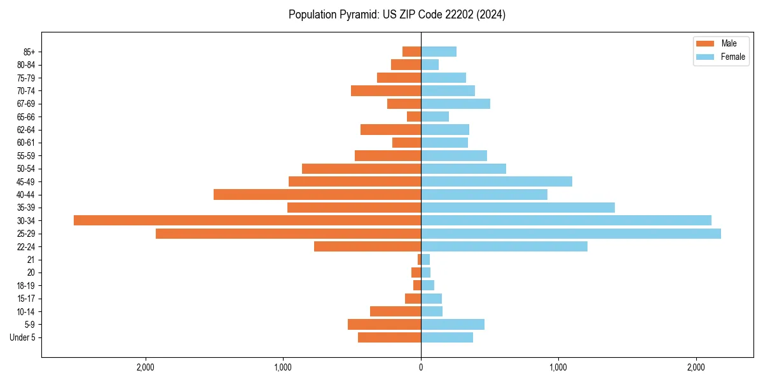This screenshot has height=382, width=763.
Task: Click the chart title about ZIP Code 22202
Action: pyautogui.click(x=397, y=15)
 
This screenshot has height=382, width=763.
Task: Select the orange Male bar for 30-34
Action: pyautogui.click(x=247, y=220)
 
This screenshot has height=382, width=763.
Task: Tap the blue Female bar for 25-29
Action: pyautogui.click(x=570, y=234)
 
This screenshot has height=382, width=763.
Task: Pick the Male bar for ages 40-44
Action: pyautogui.click(x=317, y=194)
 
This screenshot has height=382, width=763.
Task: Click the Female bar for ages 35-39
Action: pyautogui.click(x=518, y=208)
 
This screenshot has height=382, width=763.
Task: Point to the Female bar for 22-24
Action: pyautogui.click(x=504, y=246)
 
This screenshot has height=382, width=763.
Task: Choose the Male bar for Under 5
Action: pyautogui.click(x=389, y=337)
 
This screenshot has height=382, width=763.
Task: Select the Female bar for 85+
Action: pyautogui.click(x=438, y=52)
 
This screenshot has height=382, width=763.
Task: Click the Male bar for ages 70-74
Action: pyautogui.click(x=386, y=90)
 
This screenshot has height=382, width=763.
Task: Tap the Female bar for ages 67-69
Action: pyautogui.click(x=455, y=104)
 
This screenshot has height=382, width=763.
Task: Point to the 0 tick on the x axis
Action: pyautogui.click(x=421, y=367)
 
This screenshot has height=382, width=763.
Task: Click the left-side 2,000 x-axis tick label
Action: pyautogui.click(x=146, y=367)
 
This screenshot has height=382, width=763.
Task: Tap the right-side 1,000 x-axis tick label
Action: pyautogui.click(x=558, y=367)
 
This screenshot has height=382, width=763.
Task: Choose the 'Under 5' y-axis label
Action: pyautogui.click(x=23, y=337)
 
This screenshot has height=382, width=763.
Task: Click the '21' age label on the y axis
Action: pyautogui.click(x=31, y=260)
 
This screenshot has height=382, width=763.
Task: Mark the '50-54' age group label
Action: pyautogui.click(x=26, y=169)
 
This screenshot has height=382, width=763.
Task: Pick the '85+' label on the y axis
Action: pyautogui.click(x=29, y=52)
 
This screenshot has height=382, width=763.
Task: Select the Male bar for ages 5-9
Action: pyautogui.click(x=384, y=325)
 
